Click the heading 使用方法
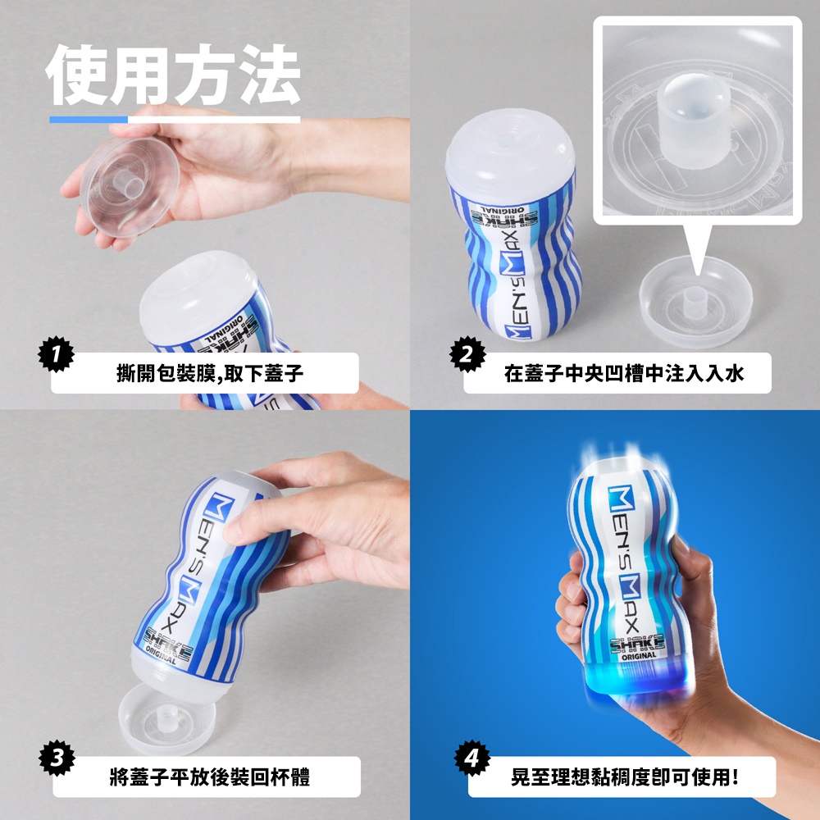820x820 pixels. coord(173,75)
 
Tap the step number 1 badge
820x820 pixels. coord(56,354)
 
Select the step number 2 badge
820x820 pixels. coord(467,354)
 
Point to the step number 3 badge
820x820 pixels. coord(57,758)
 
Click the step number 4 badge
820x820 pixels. coord(472,758)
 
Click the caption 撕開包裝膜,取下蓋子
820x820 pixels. coord(210,373)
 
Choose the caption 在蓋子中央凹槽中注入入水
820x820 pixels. coord(624,373)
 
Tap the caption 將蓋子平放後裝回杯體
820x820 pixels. coord(210,777)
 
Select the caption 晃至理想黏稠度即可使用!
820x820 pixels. coord(625,777)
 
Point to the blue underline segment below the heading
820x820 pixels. coord(89,120)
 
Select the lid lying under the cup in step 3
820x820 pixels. coord(166,719)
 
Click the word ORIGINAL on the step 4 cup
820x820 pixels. coord(639,656)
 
